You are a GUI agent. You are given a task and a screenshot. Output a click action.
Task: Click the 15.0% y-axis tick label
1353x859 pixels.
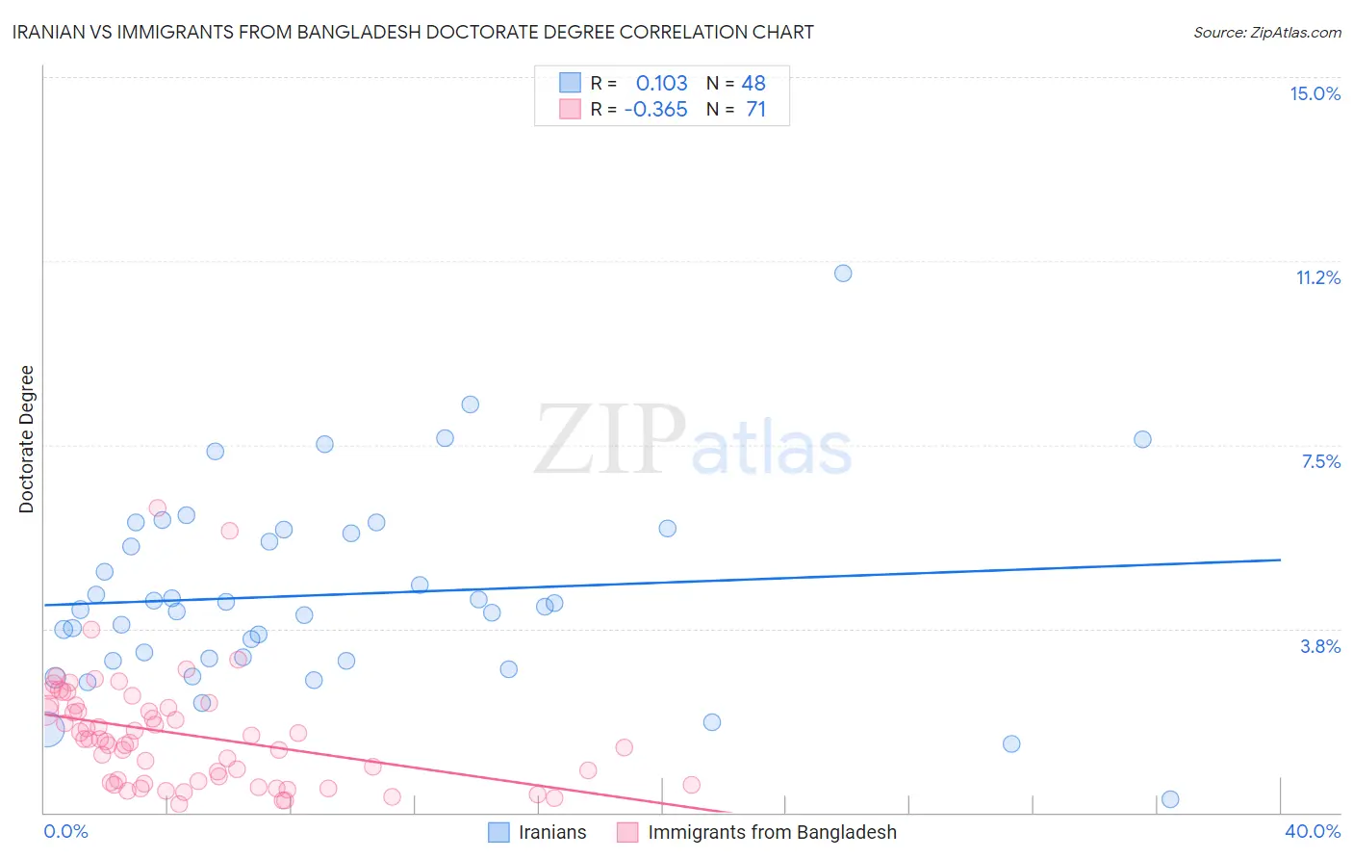point(1315,93)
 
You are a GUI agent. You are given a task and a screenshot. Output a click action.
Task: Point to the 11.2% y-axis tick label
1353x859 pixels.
point(1317,277)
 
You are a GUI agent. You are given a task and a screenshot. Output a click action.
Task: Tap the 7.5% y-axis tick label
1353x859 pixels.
point(1320,461)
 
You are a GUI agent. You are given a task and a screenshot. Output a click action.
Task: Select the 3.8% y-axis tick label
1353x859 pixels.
point(1320,646)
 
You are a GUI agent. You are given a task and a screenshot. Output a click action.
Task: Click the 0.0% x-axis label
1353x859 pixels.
point(65,831)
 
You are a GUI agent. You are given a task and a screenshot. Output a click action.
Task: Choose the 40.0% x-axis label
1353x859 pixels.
point(1312,831)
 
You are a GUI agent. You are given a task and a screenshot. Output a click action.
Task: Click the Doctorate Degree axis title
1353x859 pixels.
point(26,439)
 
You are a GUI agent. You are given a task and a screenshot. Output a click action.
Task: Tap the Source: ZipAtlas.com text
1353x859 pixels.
point(1266,32)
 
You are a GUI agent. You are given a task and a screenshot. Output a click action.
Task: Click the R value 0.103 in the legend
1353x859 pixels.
point(661,83)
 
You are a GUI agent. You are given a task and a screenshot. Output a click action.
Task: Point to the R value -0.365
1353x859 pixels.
point(655,109)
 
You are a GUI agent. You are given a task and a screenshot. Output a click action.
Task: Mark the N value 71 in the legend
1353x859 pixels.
point(755,109)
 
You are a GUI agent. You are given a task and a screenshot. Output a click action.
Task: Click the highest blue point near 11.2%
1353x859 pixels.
point(843,273)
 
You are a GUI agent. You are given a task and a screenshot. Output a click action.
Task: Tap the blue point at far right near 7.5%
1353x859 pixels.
point(1142,439)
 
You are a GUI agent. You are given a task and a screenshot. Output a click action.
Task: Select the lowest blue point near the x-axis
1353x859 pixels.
point(1170,799)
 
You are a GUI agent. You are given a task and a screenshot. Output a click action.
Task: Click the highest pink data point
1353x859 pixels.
point(158,508)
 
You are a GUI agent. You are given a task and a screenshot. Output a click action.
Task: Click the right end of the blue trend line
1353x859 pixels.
point(1280,560)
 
